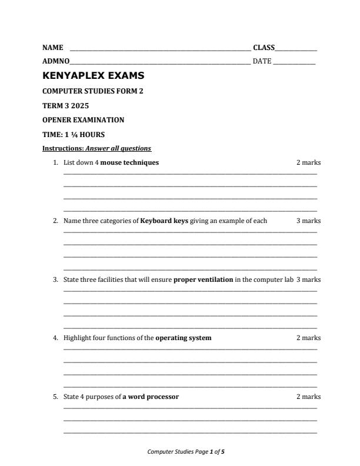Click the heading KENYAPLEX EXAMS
point(94,76)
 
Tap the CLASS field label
point(264,47)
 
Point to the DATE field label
point(262,61)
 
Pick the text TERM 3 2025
point(65,105)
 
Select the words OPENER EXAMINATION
point(84,120)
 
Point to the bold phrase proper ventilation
point(203,279)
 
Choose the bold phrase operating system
point(183,338)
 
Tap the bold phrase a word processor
point(151,397)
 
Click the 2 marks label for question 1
point(308,162)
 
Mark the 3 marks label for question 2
point(308,221)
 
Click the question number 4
point(55,338)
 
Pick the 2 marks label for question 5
point(308,397)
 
